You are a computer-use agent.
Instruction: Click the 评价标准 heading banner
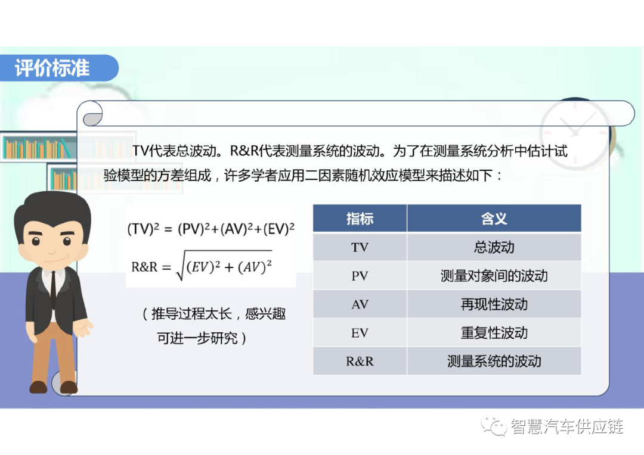point(54,68)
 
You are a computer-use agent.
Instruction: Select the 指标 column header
point(360,219)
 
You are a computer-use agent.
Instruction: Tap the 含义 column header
point(494,219)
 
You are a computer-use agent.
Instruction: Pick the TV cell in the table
point(360,247)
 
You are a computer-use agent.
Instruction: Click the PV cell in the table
point(360,276)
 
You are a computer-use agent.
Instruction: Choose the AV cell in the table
point(360,304)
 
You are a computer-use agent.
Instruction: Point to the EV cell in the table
point(360,333)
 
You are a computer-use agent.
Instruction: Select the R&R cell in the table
point(360,361)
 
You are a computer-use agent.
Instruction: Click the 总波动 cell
point(494,247)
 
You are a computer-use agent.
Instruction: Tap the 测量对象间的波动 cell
point(494,276)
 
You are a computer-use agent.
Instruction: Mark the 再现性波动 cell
point(494,304)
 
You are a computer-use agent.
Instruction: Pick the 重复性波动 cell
point(494,333)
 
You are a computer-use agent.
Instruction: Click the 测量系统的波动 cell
point(494,361)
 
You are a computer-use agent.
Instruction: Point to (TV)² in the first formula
point(143,229)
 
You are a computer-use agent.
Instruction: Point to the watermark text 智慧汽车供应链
point(566,426)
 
